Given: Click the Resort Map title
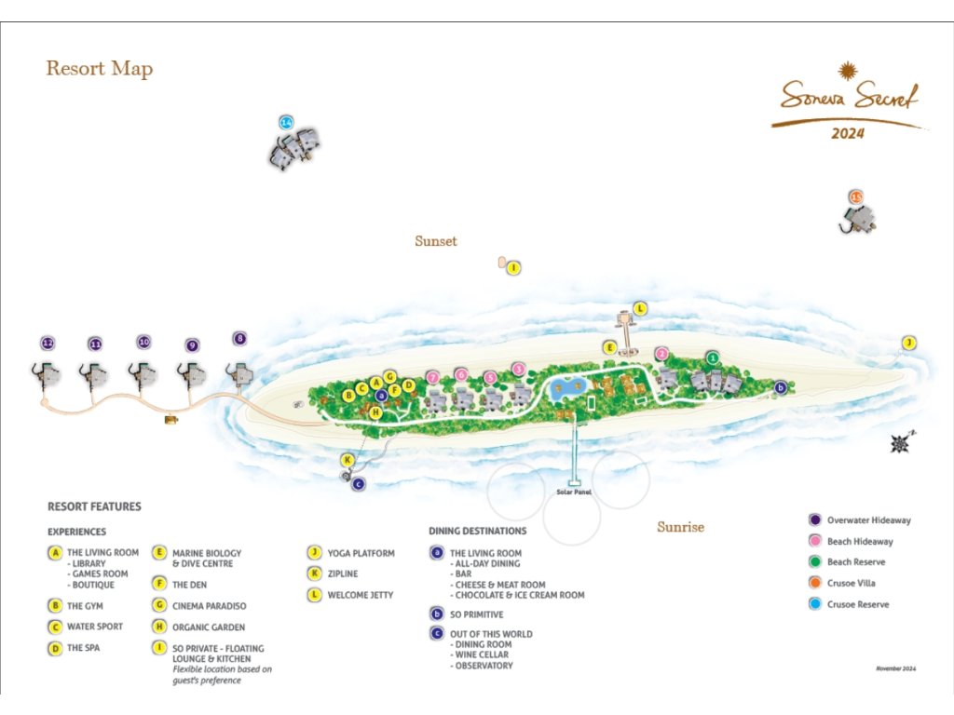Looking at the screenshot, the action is (x=100, y=69).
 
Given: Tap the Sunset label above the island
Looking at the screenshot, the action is (x=436, y=241).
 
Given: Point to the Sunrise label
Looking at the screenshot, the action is (x=680, y=527).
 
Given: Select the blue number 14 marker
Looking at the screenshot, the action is (x=286, y=123).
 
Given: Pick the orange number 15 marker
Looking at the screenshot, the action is (x=856, y=196).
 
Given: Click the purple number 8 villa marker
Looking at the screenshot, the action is (x=240, y=339).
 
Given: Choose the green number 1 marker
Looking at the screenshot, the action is (x=713, y=357).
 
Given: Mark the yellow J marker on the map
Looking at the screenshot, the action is (x=908, y=344).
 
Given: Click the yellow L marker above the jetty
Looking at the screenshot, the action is (x=640, y=308).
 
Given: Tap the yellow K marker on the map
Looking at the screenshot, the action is (x=348, y=460).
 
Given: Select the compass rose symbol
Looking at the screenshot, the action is (x=899, y=443).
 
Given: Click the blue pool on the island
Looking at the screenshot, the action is (x=564, y=389).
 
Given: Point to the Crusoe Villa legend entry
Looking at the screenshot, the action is (x=852, y=584).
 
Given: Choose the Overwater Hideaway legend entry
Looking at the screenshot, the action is (x=868, y=520).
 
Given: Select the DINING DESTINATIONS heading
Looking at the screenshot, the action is (x=478, y=531).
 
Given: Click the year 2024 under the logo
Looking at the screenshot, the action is (x=848, y=133).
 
